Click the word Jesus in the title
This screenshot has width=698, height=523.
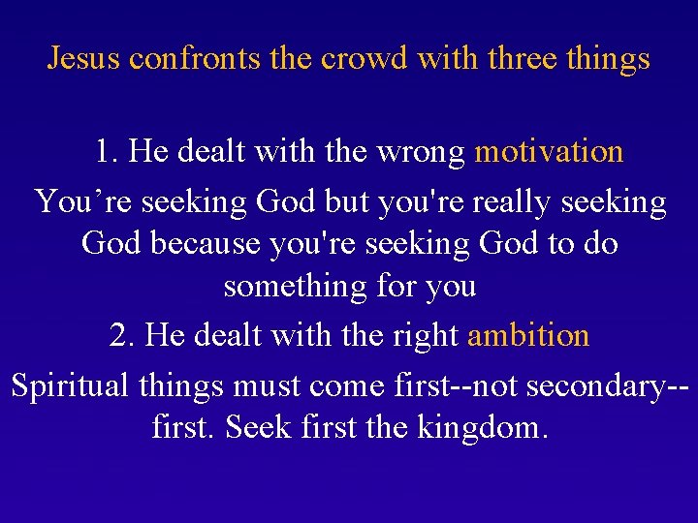(x=84, y=59)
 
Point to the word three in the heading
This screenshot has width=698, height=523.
(x=520, y=59)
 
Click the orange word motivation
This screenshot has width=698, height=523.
(x=549, y=151)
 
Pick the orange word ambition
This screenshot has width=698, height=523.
(x=528, y=335)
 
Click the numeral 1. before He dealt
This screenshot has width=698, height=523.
(x=108, y=151)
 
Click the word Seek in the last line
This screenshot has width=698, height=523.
(x=255, y=426)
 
